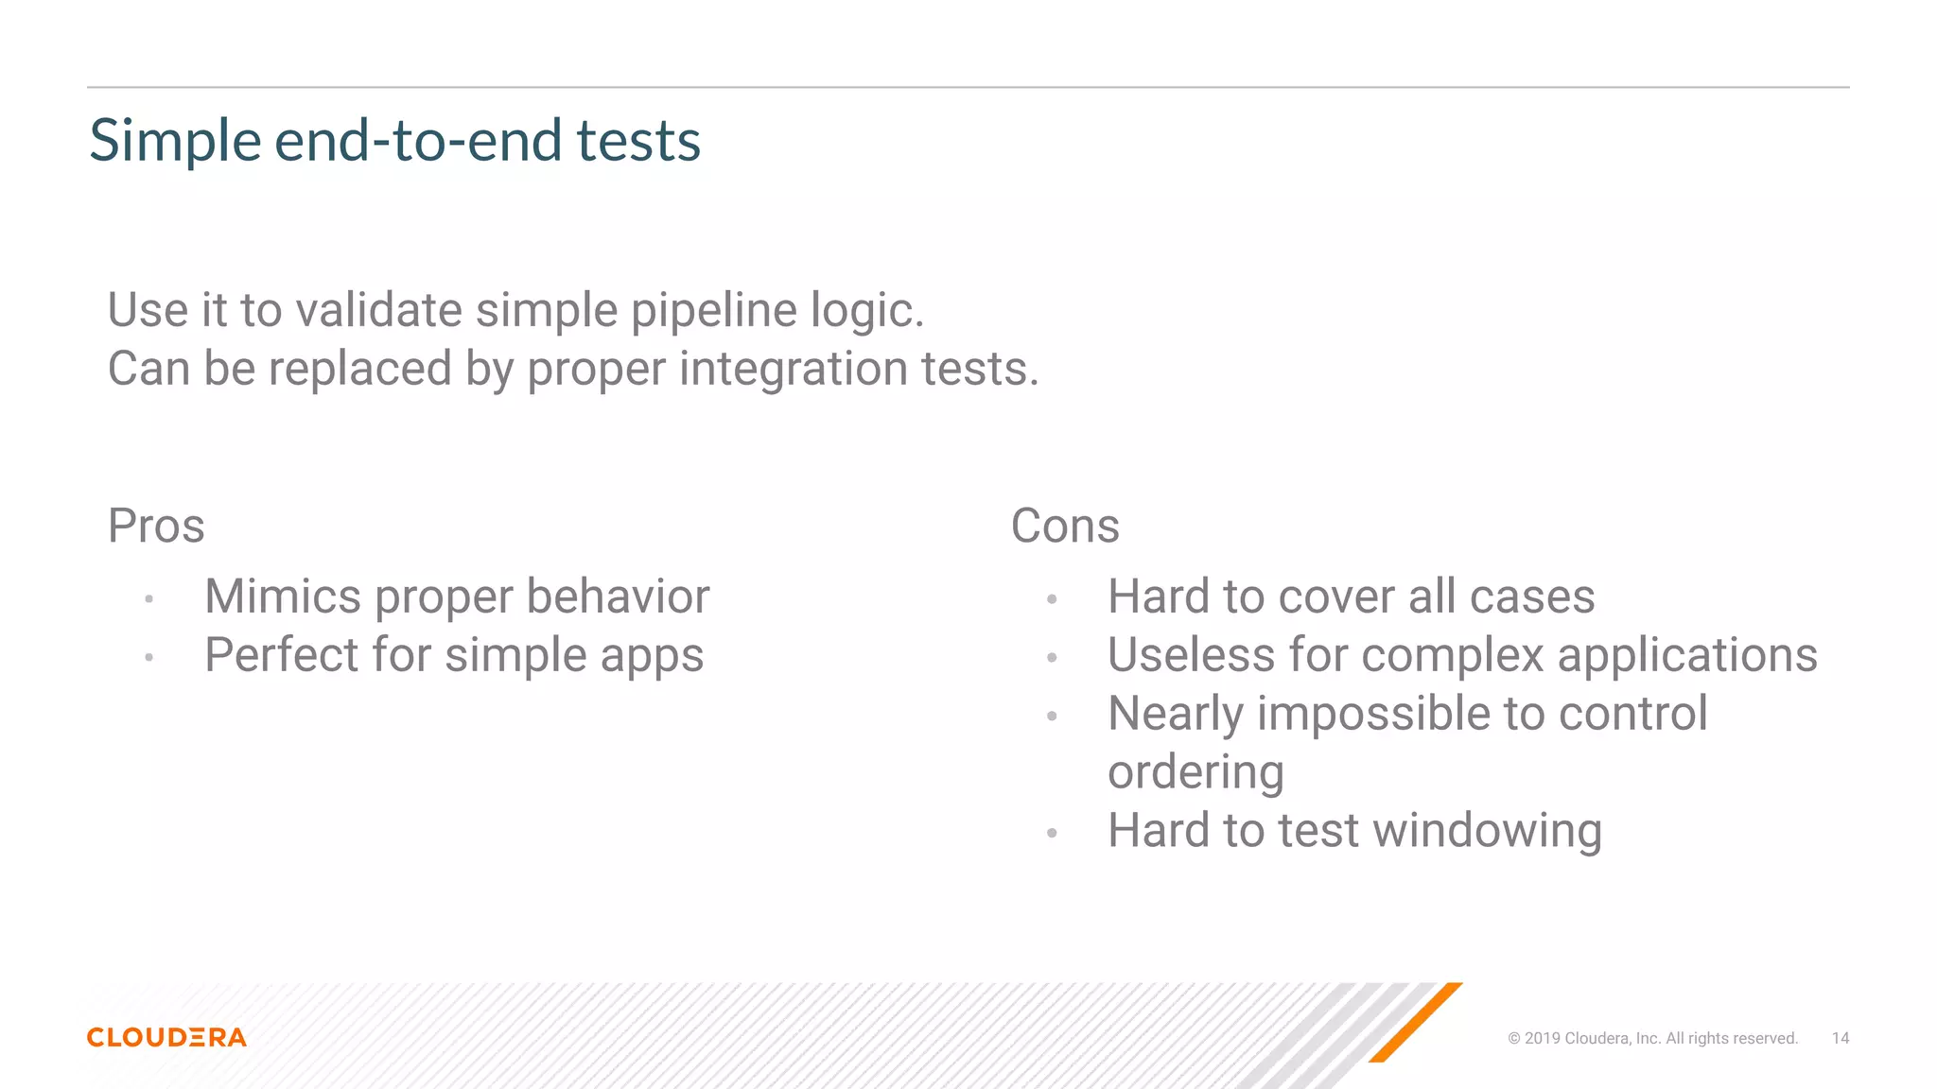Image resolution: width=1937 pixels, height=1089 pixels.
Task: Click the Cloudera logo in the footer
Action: click(166, 1037)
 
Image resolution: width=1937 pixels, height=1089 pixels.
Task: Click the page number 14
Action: click(1840, 1038)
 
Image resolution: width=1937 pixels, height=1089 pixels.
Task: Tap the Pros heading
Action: click(156, 526)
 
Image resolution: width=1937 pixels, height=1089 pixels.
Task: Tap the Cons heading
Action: click(1065, 526)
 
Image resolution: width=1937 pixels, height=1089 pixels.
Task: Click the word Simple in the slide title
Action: click(175, 141)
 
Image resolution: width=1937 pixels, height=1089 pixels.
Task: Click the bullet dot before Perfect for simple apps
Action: click(148, 657)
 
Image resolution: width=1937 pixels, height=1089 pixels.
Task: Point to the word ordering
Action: click(1195, 773)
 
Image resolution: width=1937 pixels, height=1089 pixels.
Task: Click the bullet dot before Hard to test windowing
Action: click(1052, 833)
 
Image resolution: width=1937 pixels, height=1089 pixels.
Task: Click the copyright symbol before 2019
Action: click(1513, 1038)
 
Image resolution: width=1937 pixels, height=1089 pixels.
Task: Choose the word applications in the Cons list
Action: click(1686, 655)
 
